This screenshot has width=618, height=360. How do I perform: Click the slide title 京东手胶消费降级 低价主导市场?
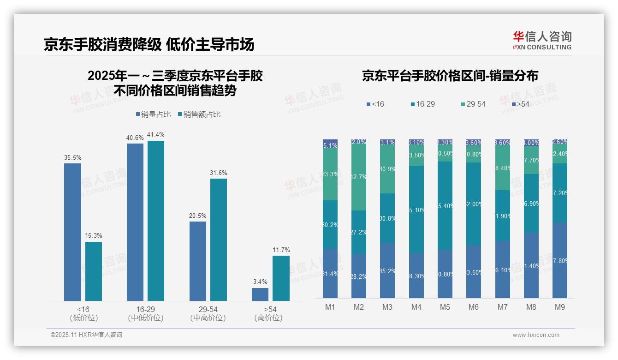[149, 45]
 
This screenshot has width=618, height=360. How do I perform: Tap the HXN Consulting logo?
[542, 41]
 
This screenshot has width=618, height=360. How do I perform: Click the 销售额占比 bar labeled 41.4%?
[156, 221]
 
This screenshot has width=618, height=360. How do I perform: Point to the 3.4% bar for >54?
[260, 294]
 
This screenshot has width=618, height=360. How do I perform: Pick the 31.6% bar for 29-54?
[219, 240]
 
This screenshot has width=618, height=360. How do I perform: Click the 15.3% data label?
[94, 235]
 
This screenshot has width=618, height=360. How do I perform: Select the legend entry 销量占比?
[152, 114]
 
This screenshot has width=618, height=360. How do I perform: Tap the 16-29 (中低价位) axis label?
[146, 313]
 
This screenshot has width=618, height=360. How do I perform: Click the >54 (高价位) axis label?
[268, 313]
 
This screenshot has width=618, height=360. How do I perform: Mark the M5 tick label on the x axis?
[445, 307]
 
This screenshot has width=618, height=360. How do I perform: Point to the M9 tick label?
[559, 307]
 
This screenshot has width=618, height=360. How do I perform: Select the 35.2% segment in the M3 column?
[387, 270]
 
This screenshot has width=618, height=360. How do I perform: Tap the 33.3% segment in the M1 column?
[330, 174]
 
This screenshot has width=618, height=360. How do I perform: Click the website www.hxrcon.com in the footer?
[536, 335]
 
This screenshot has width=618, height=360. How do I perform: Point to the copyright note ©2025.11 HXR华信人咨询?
[86, 335]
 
